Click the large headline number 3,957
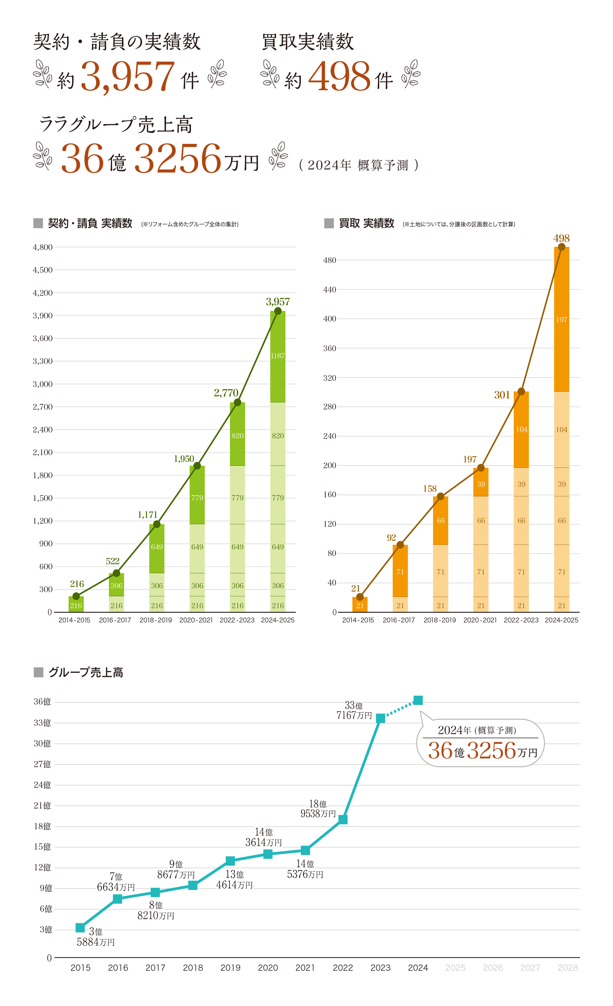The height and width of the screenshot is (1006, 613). tap(128, 76)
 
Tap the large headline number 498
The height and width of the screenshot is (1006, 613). tap(339, 76)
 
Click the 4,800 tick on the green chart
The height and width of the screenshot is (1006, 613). tap(43, 247)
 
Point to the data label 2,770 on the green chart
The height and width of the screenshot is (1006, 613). tap(226, 393)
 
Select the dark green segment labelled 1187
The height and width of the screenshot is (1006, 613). tap(278, 356)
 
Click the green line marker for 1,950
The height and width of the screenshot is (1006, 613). tap(197, 466)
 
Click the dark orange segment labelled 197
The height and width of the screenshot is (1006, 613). tap(562, 320)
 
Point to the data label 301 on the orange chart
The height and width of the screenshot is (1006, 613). tap(502, 395)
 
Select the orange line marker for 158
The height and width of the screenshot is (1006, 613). tap(440, 496)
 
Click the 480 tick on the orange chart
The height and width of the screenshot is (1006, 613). tap(330, 260)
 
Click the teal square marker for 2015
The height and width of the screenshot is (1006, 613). tap(80, 928)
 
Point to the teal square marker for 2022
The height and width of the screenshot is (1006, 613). tap(343, 820)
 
